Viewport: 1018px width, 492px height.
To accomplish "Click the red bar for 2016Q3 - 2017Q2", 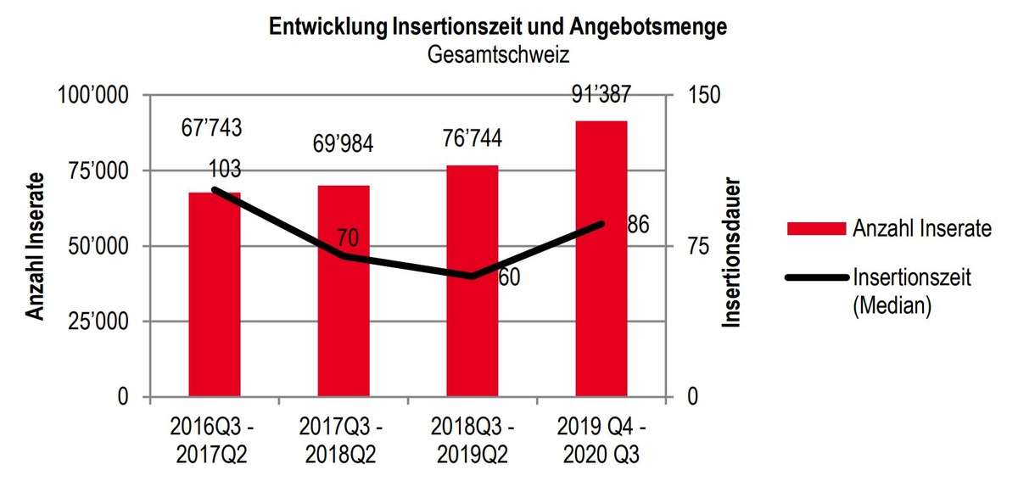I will point(215,297).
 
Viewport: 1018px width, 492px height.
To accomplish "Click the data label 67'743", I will point(211,128).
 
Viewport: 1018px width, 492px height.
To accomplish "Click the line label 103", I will point(223,170).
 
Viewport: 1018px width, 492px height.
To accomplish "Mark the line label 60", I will point(508,277).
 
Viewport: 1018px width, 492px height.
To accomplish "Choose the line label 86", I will point(638,226).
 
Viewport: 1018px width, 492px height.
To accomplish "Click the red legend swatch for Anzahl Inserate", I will point(816,228).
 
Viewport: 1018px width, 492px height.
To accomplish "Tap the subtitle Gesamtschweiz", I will point(498,55).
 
